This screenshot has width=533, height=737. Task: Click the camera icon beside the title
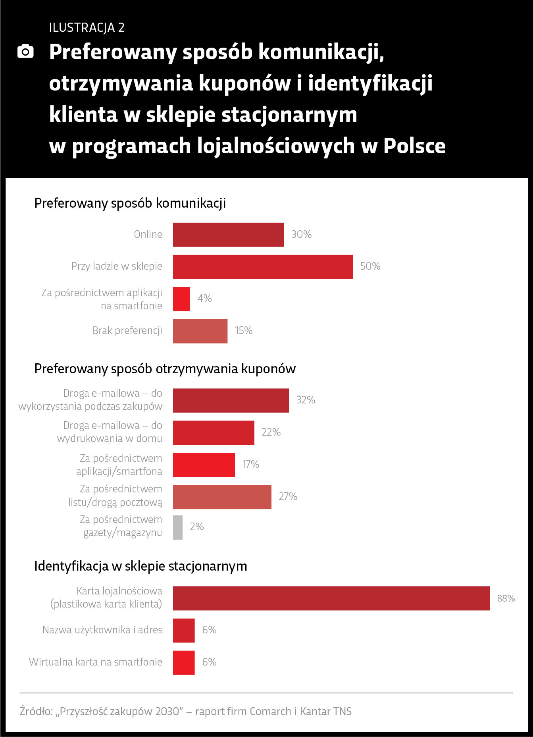click(26, 52)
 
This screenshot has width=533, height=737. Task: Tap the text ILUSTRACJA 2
click(87, 27)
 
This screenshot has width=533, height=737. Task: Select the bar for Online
click(228, 235)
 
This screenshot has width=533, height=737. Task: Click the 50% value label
click(370, 266)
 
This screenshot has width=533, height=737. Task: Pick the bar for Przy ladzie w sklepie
click(263, 267)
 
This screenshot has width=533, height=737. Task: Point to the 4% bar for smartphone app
click(181, 299)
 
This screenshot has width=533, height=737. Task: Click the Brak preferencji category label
click(127, 330)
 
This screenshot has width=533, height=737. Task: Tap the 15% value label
click(243, 330)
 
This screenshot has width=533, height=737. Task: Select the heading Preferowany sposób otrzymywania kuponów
click(165, 369)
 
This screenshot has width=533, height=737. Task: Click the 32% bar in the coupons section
click(231, 400)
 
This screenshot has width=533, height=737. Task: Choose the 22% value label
click(271, 432)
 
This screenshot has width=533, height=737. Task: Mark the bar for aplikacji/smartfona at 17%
click(204, 465)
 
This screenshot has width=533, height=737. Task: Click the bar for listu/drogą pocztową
click(222, 497)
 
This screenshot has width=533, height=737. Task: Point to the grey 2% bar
click(178, 527)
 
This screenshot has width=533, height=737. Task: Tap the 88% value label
click(506, 598)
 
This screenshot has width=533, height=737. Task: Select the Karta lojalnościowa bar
click(331, 598)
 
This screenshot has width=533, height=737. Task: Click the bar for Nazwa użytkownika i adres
click(184, 630)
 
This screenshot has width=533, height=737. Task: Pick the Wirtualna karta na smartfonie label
click(95, 662)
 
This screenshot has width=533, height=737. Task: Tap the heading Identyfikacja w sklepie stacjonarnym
click(140, 566)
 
